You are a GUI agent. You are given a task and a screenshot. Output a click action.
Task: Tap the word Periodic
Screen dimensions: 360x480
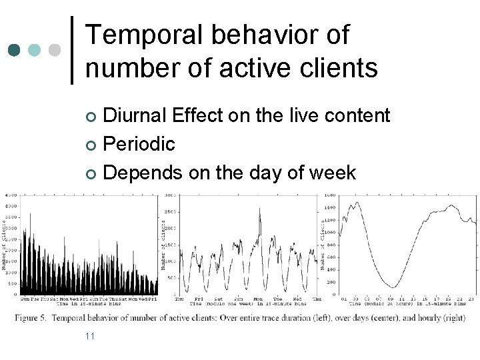coord(140,144)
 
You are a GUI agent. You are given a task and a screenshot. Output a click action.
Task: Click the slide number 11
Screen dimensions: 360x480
coord(90,335)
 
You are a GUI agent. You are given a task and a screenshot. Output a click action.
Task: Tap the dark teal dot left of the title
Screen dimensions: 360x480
coord(15,51)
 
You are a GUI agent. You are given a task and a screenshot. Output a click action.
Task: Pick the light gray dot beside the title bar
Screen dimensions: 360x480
coord(55,51)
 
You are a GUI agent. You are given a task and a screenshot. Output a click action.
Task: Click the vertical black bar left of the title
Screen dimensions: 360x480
coord(72,51)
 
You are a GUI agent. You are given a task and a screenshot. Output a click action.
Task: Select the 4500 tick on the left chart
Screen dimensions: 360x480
coord(11,195)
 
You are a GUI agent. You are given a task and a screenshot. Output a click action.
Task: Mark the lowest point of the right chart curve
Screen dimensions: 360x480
coord(393,287)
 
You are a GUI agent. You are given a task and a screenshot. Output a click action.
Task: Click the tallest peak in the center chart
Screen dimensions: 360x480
coord(260,209)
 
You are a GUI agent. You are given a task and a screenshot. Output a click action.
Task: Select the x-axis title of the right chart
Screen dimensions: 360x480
coord(407,305)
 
